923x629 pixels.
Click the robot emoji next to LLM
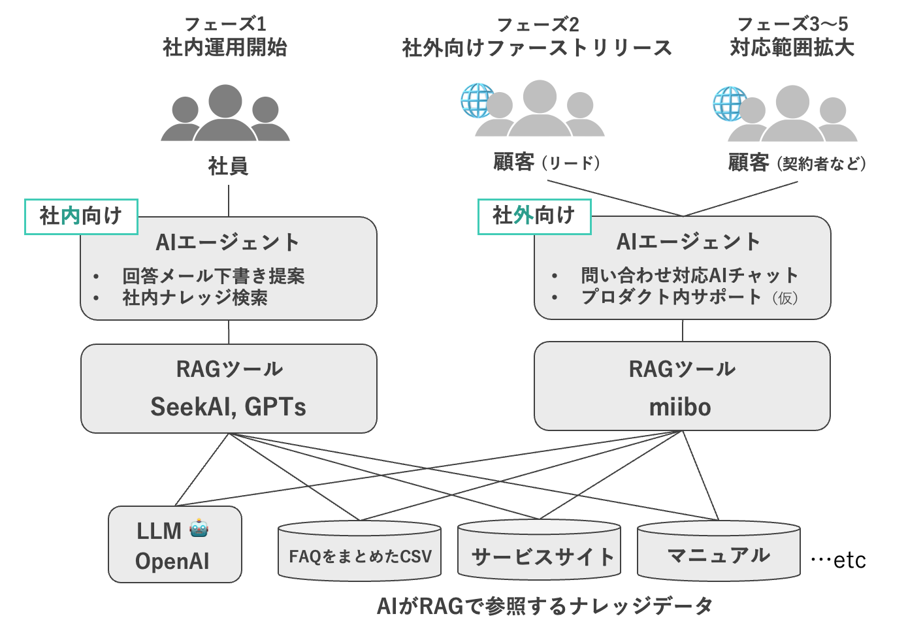(199, 528)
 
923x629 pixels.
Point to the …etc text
(838, 560)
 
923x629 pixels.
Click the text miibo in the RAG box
(680, 408)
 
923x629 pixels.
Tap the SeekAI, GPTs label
(228, 407)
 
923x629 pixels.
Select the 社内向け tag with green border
(81, 216)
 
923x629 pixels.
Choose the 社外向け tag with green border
(534, 216)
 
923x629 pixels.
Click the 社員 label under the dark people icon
(228, 166)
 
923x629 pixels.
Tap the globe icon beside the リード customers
(477, 101)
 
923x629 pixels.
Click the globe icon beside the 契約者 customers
(728, 103)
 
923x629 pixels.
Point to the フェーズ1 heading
(225, 24)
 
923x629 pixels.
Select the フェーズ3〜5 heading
(792, 24)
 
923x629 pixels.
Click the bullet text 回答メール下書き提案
(214, 276)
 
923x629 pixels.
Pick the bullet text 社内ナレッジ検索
(195, 298)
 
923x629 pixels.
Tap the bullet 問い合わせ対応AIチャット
(690, 276)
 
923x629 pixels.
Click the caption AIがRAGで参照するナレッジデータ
(544, 606)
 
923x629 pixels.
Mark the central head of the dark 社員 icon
(225, 101)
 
